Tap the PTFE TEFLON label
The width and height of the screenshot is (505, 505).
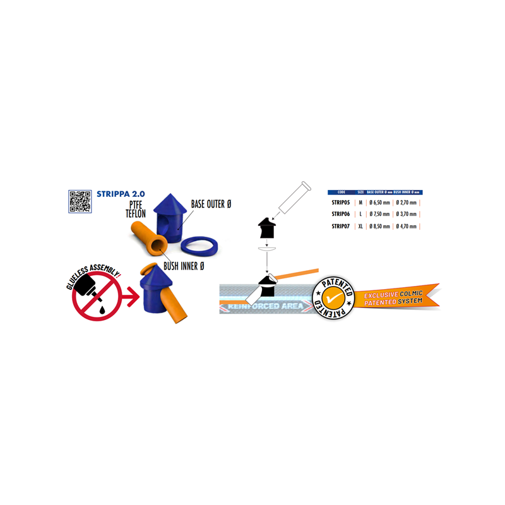coord(136,210)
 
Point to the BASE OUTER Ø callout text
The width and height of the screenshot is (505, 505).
coord(211,205)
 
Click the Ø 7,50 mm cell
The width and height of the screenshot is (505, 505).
coord(379,214)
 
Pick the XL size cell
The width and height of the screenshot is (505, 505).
coord(360,226)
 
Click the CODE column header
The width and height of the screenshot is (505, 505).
coord(342,192)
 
